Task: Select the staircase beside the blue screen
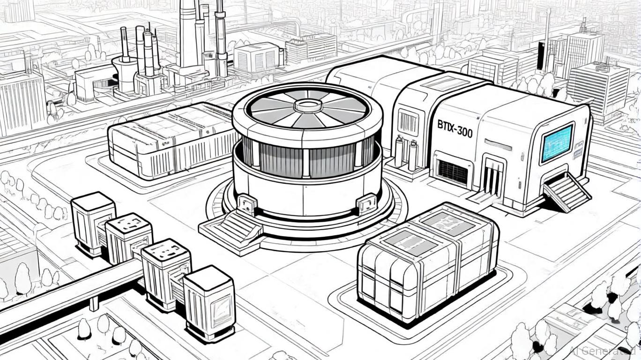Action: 567,192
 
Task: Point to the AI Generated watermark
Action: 604,350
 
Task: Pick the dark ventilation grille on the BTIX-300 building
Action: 453,172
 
